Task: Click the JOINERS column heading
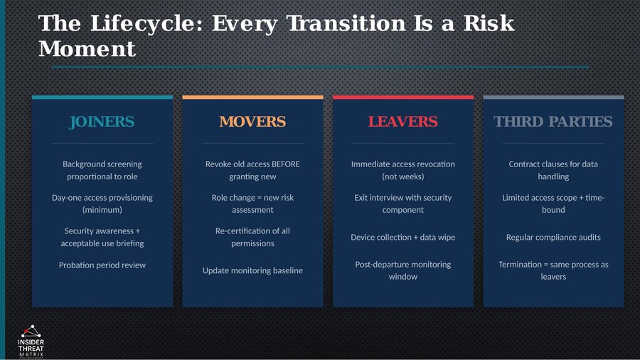102,122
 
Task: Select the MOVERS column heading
252,122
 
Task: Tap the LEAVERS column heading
402,122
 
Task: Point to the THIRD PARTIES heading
553,122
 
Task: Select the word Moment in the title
87,49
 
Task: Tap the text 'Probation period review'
102,265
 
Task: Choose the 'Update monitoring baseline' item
252,270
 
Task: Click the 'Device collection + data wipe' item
402,237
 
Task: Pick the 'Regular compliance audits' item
553,237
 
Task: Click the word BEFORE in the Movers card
285,164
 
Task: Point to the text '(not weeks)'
402,176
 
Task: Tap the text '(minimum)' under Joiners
102,210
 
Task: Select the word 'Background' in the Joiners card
83,164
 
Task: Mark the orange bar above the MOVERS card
252,97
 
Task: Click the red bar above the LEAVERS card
402,97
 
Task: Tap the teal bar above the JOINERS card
102,97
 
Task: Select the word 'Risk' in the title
489,23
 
